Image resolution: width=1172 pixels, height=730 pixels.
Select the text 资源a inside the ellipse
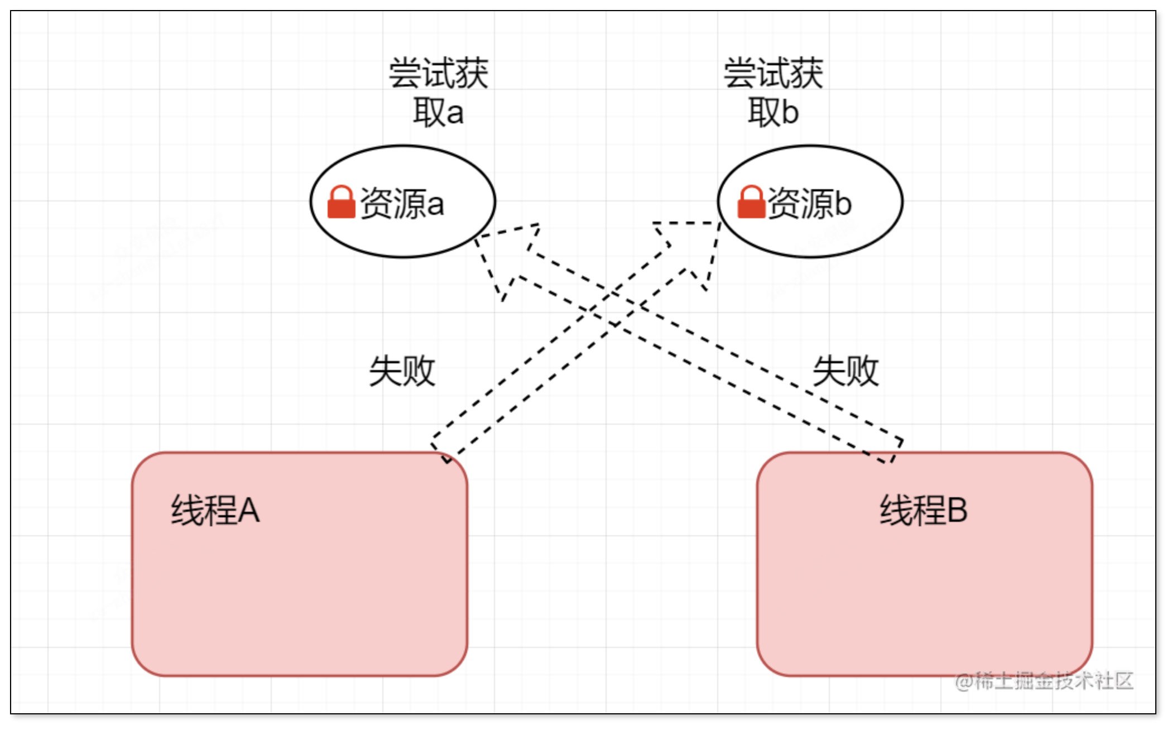[402, 203]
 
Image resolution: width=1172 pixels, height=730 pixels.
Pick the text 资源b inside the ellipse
[809, 203]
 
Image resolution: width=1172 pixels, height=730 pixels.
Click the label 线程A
[215, 510]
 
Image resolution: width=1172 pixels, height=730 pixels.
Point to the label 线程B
[924, 510]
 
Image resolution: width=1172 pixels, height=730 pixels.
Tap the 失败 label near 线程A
[402, 371]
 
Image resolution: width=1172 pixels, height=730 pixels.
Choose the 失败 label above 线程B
[846, 371]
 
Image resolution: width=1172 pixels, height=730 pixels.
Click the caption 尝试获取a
[439, 93]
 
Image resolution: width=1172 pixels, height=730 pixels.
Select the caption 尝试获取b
[774, 93]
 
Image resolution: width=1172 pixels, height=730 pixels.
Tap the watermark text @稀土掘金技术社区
[1044, 681]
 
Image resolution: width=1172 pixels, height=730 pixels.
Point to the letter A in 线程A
[248, 510]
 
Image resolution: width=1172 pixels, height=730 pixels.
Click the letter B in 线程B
[957, 510]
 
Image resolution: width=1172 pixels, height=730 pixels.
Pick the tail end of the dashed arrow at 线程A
[441, 452]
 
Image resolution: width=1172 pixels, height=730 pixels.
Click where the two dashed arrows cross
[614, 307]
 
